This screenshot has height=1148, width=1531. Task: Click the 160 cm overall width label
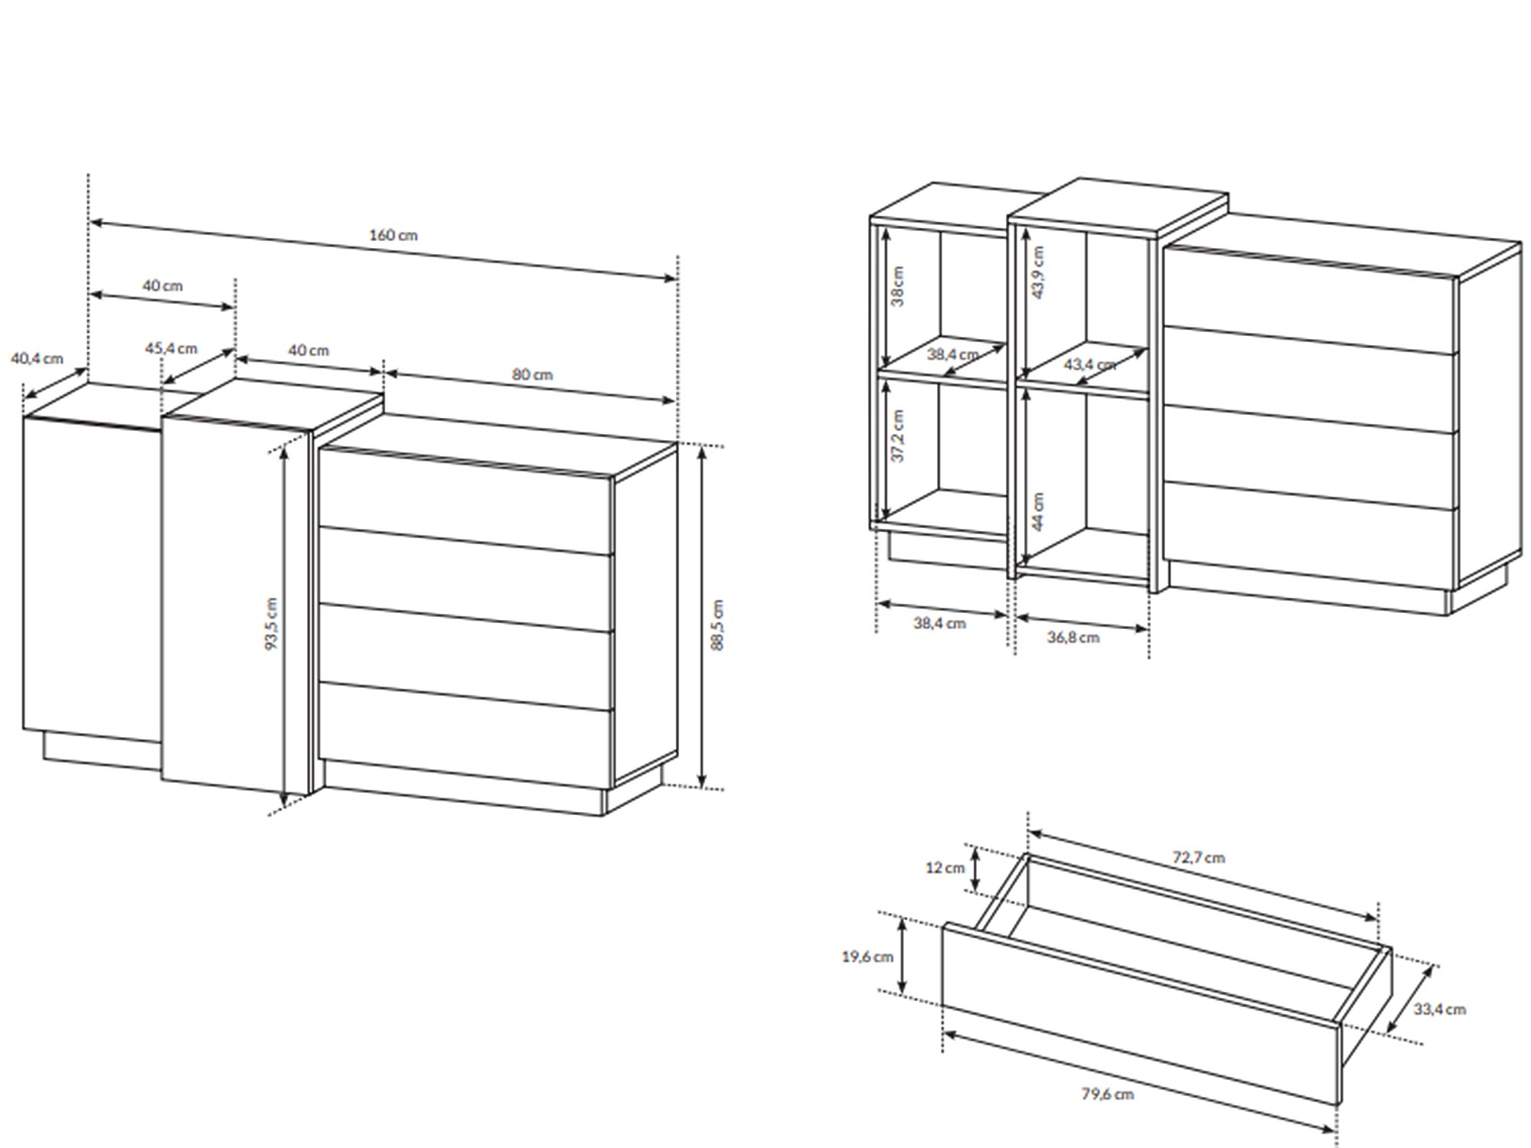click(393, 235)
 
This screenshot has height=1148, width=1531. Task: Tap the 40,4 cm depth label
click(37, 358)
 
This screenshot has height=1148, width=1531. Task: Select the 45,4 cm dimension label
click(171, 348)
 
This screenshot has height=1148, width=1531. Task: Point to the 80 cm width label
click(532, 374)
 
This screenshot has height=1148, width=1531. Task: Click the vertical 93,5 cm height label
click(271, 624)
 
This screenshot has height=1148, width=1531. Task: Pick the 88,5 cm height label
click(717, 625)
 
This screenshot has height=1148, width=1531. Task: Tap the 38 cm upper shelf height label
click(898, 286)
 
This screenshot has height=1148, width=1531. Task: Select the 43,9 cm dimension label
click(1037, 272)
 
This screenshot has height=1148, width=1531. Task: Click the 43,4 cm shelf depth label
click(1090, 364)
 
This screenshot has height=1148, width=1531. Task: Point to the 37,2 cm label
click(898, 435)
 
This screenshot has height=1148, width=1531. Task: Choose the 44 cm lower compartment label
click(1037, 510)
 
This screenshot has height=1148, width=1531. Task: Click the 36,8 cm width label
click(1073, 637)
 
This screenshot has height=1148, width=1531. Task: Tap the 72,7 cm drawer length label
click(1199, 857)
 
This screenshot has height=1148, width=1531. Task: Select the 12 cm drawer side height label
click(945, 868)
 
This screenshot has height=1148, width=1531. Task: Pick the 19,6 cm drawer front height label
click(867, 957)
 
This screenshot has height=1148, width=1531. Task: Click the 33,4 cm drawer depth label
click(1439, 1009)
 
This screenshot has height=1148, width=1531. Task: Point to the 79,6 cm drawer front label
click(1108, 1094)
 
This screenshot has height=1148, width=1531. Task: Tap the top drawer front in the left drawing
click(465, 500)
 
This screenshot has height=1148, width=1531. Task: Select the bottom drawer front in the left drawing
click(465, 734)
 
